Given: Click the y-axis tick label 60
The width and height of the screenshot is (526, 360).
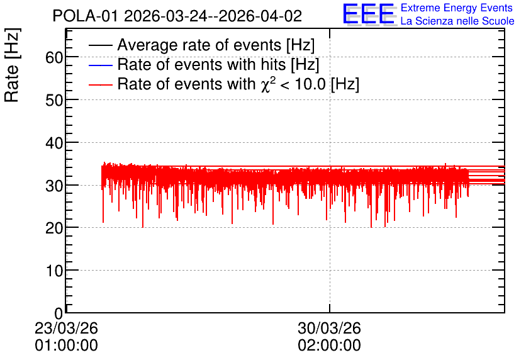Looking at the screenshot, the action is coord(54,58).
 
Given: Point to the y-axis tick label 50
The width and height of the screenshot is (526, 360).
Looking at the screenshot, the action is coord(54,100).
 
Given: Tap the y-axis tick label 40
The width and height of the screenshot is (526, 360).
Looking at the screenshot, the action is coord(54,143).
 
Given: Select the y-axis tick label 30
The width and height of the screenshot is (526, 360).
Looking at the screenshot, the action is coord(54,186).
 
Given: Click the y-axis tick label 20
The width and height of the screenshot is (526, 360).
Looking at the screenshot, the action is coord(54,228).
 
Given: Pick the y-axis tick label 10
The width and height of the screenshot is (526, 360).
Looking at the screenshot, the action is coord(54,271).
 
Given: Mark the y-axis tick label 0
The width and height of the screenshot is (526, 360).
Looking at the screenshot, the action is coord(59,313).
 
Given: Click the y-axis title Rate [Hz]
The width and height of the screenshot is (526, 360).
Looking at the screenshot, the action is coord(12,65).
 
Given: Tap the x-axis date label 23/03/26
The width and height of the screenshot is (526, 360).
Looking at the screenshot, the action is coord(66,328).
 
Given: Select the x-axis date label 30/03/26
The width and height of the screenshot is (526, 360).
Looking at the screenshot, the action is coord(329,328).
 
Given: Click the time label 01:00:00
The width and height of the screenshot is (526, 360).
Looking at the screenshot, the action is coord(66,346).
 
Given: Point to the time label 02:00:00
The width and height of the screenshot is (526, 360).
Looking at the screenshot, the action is coord(329,346).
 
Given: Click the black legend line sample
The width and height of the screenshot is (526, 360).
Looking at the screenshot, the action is coord(100,45).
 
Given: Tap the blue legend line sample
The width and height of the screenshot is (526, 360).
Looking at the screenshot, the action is coord(100,65).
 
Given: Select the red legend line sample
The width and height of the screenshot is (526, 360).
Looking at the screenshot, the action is coord(100,85).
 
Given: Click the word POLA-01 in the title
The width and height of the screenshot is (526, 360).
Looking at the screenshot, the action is coord(85,16).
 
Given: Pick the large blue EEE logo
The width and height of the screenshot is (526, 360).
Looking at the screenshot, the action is coord(369,14).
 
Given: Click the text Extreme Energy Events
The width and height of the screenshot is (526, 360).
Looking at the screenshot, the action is coord(457,8).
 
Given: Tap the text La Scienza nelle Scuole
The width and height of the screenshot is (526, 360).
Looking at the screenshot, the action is coord(457,21).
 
